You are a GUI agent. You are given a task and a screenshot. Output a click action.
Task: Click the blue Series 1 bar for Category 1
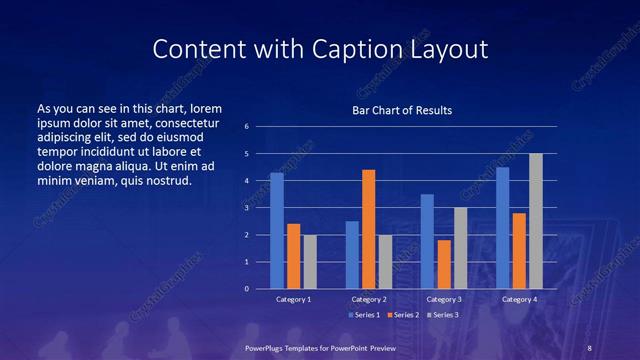277,231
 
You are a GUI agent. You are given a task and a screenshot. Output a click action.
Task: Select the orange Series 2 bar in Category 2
368,229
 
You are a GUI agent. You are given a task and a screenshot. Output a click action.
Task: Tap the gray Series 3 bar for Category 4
536,221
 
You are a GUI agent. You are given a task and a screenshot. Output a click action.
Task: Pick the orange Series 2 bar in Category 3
444,264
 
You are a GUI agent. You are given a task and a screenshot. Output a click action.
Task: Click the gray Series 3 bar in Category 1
310,262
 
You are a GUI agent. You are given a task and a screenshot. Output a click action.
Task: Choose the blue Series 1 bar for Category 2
352,255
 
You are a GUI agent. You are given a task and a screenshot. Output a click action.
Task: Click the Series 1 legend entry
364,315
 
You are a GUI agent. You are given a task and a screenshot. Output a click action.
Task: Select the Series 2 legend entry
403,315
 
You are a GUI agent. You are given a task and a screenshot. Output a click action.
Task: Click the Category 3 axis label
444,299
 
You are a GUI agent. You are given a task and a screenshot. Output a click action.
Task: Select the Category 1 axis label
293,299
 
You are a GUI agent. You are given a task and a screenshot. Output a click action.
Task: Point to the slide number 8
589,346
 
